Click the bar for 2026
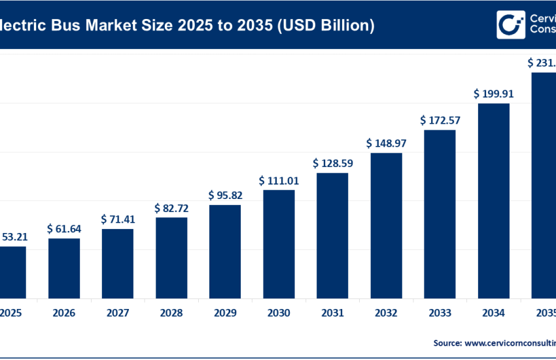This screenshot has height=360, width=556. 64,268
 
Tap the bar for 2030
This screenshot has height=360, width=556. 279,243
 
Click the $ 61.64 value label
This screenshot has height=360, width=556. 64,228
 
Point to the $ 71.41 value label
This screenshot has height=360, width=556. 118,219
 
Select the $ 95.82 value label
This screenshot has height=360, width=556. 225,195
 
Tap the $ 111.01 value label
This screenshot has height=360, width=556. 279,180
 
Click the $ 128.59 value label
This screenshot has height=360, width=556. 332,162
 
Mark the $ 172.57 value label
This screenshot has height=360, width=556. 440,120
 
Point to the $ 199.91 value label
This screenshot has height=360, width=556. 494,94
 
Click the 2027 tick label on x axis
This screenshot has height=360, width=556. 118,313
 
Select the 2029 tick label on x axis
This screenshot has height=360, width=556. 225,313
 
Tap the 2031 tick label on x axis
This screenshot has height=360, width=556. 332,313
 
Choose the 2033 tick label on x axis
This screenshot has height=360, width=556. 440,313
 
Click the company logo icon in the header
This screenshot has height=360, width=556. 508,25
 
